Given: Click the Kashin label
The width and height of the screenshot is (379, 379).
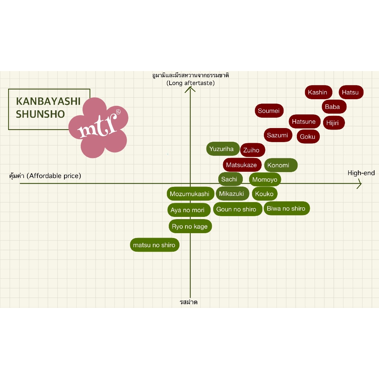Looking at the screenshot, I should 318,92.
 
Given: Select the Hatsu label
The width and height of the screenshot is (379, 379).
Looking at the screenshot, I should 351,92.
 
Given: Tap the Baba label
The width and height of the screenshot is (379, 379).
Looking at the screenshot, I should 332,107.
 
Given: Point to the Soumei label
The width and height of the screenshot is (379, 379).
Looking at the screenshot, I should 269,111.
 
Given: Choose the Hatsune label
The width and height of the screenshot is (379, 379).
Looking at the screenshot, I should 304,121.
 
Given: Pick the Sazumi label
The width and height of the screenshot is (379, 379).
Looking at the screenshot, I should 278,135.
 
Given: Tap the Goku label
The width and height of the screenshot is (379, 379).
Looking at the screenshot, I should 308,137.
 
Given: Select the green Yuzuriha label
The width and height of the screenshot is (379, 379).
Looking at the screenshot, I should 222,149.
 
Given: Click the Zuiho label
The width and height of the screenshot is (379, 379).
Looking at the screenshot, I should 252,150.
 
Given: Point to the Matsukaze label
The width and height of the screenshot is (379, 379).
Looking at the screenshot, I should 242,165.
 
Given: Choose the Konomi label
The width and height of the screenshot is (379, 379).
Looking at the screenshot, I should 280,165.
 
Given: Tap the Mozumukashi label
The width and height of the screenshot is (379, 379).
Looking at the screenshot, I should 189,194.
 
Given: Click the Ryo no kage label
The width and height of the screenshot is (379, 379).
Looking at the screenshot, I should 190,227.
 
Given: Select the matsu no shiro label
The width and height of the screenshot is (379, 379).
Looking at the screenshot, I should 154,245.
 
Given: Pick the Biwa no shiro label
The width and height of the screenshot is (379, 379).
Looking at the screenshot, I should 286,209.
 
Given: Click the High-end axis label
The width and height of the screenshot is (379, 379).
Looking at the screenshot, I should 361,173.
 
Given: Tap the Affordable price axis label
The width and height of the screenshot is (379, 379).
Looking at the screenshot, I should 45,176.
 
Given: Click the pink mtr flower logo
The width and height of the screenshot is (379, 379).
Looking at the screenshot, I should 99,127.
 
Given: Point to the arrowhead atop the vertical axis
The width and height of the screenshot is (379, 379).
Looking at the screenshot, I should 190,88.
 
